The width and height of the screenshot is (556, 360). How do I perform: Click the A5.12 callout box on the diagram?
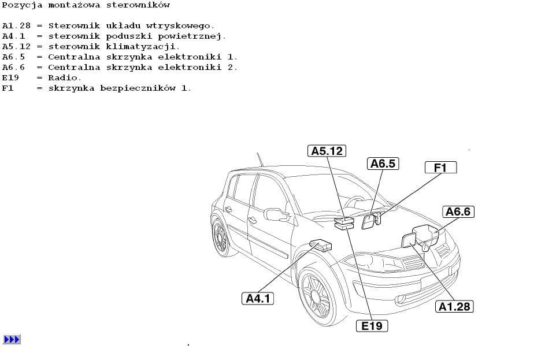(327, 151)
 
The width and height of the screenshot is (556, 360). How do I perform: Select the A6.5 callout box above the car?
(383, 164)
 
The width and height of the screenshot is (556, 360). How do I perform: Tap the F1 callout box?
(441, 168)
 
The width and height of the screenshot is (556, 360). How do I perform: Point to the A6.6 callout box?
(458, 211)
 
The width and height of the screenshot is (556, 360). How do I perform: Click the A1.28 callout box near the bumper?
(454, 306)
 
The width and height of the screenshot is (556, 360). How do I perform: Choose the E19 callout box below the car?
(372, 325)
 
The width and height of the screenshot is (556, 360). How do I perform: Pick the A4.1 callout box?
(257, 298)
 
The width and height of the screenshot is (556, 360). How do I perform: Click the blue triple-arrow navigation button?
(12, 339)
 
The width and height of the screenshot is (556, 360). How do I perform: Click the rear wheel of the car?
(221, 236)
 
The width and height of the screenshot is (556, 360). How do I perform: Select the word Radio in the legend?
(65, 77)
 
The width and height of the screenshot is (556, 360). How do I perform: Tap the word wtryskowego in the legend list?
(180, 26)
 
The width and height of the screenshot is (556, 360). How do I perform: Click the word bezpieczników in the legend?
(138, 88)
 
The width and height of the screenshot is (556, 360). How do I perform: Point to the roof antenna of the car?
(260, 159)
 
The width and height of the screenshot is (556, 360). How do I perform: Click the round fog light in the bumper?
(401, 299)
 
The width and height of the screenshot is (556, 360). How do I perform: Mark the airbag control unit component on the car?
(321, 245)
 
